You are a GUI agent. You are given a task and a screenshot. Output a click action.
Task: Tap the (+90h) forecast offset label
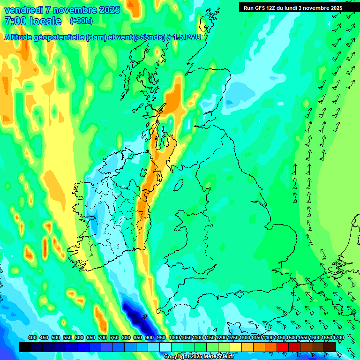pos(81,21)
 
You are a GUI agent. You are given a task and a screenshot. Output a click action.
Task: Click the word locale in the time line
pos(45,21)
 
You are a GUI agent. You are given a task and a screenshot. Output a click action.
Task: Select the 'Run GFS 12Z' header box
pos(292,7)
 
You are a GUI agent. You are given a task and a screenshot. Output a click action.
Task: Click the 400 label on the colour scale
pos(32,338)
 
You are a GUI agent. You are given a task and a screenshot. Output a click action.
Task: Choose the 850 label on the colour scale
pos(138,338)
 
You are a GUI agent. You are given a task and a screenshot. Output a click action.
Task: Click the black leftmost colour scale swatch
pos(25,347)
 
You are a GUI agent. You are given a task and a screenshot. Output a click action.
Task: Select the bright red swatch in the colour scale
pos(283,347)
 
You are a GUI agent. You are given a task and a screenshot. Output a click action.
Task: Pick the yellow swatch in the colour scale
pos(236,347)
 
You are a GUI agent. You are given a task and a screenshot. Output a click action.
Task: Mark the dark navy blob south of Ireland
pos(135,317)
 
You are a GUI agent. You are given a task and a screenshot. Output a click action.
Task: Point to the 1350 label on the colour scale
pos(256,338)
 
